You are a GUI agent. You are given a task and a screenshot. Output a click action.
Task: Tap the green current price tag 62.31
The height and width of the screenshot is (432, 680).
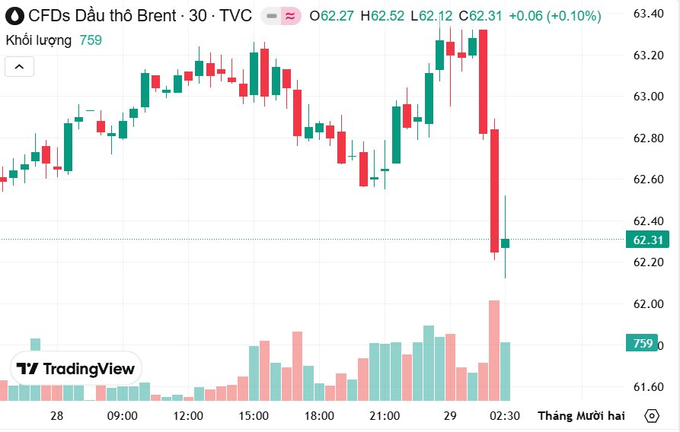647,240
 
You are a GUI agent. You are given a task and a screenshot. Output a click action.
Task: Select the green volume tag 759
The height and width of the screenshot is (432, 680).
643,344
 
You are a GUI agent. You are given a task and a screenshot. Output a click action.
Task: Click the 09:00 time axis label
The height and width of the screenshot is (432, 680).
123,416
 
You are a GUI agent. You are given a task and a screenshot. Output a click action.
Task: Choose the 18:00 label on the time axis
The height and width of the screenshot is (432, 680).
319,416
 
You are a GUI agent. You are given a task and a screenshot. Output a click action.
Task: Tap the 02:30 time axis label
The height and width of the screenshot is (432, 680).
505,416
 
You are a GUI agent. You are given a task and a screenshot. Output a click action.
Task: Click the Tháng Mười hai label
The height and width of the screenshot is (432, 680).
581,416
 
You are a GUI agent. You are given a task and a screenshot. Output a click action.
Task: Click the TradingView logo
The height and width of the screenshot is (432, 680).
76,370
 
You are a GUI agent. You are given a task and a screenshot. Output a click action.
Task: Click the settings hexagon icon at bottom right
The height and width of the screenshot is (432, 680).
652,416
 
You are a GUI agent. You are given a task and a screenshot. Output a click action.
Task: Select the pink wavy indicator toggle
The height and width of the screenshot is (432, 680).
290,16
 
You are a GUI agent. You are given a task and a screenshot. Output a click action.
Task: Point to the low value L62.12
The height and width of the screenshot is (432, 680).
431,16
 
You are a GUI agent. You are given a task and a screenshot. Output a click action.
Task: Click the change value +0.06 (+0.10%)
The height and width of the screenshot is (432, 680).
554,16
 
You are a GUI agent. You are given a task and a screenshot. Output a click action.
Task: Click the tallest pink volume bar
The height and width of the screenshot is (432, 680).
494,350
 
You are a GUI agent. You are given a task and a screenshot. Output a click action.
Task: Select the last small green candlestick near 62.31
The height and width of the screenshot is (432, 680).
505,243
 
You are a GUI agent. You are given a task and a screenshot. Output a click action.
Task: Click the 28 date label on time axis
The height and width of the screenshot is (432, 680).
57,416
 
